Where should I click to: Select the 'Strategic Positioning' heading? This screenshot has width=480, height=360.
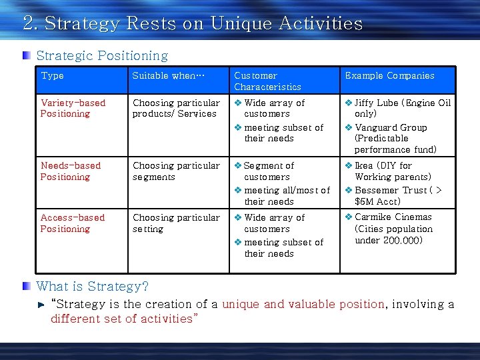(x=102, y=56)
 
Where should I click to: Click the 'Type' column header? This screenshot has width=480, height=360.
(x=53, y=76)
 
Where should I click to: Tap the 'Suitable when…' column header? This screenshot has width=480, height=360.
(x=167, y=76)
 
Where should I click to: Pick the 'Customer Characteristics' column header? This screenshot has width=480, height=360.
(x=267, y=81)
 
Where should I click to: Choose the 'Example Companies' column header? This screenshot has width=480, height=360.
(x=389, y=76)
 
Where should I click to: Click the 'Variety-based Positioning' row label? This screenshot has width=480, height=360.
(x=73, y=108)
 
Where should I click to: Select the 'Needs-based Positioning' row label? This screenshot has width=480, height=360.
(x=71, y=171)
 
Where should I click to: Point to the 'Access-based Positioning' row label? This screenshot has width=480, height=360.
(x=72, y=223)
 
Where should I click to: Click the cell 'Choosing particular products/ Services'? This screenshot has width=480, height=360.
(x=176, y=108)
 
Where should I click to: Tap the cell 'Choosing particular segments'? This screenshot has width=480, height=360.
(x=176, y=171)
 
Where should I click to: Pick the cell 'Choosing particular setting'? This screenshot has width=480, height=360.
(x=176, y=223)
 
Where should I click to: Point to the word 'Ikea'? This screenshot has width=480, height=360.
(x=364, y=165)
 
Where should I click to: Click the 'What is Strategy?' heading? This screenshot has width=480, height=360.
(x=93, y=287)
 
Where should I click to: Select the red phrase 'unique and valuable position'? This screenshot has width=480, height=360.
(x=303, y=304)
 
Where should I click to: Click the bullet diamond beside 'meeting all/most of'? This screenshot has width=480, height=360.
(x=238, y=191)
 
